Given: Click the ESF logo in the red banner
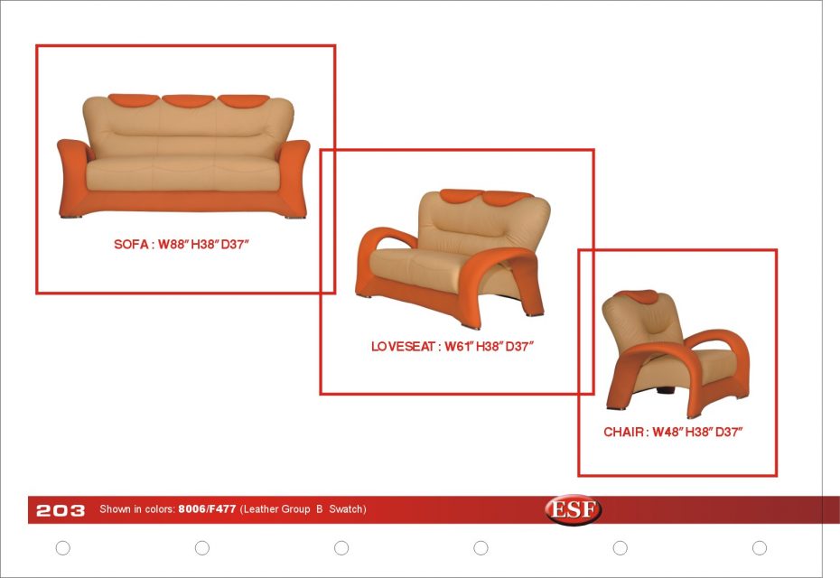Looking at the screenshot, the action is pyautogui.click(x=574, y=508).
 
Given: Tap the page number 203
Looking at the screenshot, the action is pyautogui.click(x=61, y=510).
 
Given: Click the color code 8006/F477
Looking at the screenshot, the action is pyautogui.click(x=207, y=508).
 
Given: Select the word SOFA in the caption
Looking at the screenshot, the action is pyautogui.click(x=131, y=244).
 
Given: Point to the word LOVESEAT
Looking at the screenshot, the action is pyautogui.click(x=403, y=347).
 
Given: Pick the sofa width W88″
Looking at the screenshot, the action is pyautogui.click(x=173, y=244).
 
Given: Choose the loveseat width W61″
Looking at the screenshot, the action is pyautogui.click(x=459, y=347).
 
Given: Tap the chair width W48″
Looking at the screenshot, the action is pyautogui.click(x=668, y=432).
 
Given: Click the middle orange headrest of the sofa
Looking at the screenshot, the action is pyautogui.click(x=189, y=100).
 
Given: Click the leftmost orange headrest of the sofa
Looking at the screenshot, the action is pyautogui.click(x=134, y=100).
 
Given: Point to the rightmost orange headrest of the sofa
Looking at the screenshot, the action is pyautogui.click(x=244, y=100).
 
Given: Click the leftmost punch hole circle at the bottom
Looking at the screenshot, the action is pyautogui.click(x=62, y=547).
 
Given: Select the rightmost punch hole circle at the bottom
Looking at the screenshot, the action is pyautogui.click(x=759, y=547).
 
